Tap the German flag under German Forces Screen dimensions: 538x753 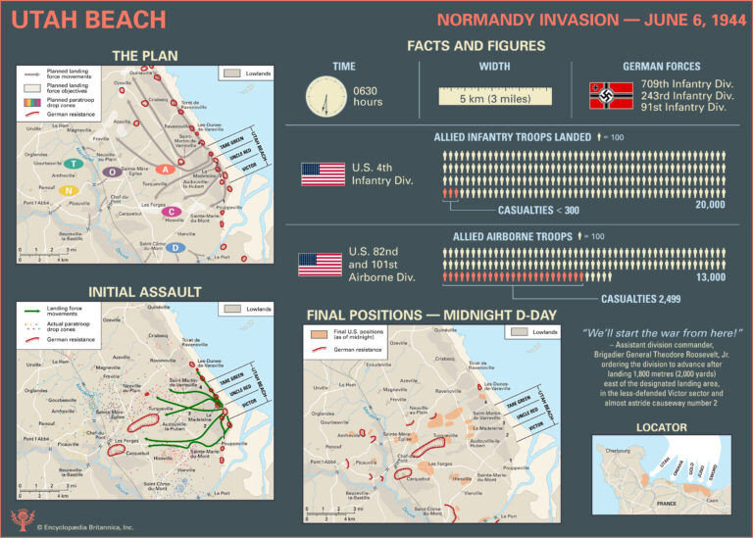tap(611, 95)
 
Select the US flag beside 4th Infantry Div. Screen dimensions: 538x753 tap(324, 174)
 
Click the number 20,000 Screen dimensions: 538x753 tap(710, 205)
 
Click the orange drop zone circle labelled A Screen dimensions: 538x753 tap(166, 170)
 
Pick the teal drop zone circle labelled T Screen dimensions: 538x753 tap(73, 164)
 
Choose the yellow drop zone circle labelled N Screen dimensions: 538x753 tap(68, 191)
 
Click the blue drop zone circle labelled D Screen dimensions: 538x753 tap(175, 248)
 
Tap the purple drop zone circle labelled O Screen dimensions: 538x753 tap(114, 171)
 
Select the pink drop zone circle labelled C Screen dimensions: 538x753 tap(173, 212)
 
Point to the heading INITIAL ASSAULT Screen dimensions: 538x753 tap(145, 292)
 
